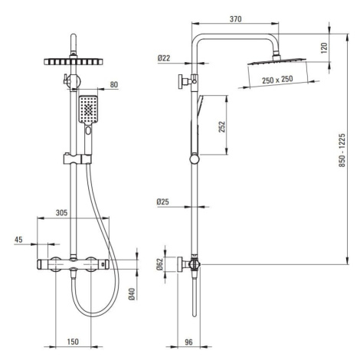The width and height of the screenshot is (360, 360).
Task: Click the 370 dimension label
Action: tap(235, 19)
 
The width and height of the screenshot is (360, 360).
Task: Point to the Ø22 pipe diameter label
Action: tap(164, 58)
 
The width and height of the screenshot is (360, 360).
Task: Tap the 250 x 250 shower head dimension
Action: tap(277, 80)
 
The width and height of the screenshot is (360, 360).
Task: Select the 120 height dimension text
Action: tap(324, 48)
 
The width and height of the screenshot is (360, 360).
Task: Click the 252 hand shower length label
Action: tap(222, 127)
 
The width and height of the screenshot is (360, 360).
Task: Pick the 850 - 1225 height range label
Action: tap(342, 150)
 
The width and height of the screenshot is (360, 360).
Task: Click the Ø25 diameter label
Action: tap(163, 202)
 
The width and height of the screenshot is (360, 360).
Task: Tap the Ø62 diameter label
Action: tap(160, 264)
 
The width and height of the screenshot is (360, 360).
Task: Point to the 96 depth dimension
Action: tap(188, 342)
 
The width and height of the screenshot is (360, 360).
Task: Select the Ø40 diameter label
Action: tap(132, 294)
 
